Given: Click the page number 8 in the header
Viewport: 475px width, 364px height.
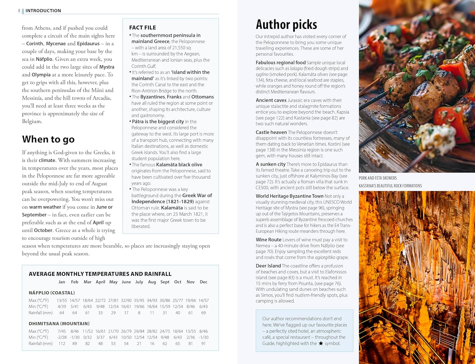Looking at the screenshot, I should pyautogui.click(x=19, y=11).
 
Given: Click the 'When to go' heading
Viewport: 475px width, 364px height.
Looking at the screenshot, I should pyautogui.click(x=48, y=139).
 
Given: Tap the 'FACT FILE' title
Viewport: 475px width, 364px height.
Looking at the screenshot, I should pyautogui.click(x=142, y=28).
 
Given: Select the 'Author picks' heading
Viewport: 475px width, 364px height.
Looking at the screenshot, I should pyautogui.click(x=286, y=25).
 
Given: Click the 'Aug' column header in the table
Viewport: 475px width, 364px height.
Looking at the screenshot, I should pyautogui.click(x=152, y=282).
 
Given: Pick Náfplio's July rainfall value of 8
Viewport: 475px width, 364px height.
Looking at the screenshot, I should pyautogui.click(x=139, y=313).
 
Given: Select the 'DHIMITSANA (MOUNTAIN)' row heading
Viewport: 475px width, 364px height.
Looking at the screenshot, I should pyautogui.click(x=59, y=324).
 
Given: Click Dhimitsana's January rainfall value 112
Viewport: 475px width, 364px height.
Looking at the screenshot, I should pyautogui.click(x=62, y=343).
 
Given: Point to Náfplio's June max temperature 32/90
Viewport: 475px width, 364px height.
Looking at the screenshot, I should pyautogui.click(x=126, y=300).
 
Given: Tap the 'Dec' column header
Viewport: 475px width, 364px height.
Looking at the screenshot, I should pyautogui.click(x=203, y=282).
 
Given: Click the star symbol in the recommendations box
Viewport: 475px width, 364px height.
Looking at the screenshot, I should pyautogui.click(x=321, y=343).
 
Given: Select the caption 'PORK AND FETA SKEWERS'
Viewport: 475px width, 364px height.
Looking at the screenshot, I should pyautogui.click(x=377, y=178).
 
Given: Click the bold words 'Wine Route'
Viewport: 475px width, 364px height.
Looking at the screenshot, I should pyautogui.click(x=269, y=240).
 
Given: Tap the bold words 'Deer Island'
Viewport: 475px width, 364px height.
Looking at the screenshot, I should pyautogui.click(x=268, y=266).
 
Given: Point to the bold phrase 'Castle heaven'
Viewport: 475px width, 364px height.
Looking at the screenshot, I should pyautogui.click(x=271, y=132).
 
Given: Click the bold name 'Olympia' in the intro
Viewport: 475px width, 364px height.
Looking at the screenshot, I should pyautogui.click(x=41, y=75).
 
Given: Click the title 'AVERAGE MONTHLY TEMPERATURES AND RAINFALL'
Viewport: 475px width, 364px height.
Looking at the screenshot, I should pyautogui.click(x=100, y=274).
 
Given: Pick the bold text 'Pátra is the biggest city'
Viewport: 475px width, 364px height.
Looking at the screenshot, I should pyautogui.click(x=158, y=121).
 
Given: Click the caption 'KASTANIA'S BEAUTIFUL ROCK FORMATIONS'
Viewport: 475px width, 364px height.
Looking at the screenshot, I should pyautogui.click(x=390, y=186).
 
